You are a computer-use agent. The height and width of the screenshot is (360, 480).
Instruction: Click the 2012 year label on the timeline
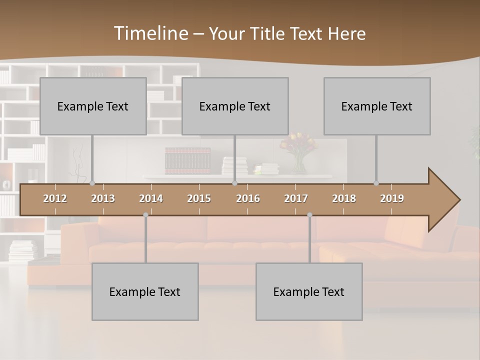click(55, 198)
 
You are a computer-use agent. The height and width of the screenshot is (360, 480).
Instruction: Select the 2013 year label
click(103, 198)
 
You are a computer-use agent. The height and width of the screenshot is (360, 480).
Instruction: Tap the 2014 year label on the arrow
click(151, 198)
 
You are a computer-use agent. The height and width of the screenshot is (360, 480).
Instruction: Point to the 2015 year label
click(199, 198)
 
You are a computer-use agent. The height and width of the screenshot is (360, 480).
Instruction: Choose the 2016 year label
click(248, 198)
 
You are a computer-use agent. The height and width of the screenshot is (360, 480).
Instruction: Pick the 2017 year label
click(296, 198)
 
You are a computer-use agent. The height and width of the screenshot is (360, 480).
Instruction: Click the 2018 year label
click(344, 198)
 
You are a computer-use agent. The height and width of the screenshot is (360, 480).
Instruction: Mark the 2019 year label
click(392, 198)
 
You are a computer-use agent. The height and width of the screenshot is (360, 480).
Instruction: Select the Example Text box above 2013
click(93, 106)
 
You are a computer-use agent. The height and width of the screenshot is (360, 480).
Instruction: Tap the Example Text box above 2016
click(235, 106)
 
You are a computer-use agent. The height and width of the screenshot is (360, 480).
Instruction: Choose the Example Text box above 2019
click(377, 106)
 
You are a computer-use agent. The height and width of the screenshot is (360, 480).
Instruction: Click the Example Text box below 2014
click(145, 291)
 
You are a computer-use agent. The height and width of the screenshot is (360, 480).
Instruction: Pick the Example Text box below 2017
click(309, 291)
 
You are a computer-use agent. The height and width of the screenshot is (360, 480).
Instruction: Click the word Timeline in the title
click(150, 33)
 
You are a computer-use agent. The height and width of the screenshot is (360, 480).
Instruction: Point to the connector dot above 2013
click(92, 183)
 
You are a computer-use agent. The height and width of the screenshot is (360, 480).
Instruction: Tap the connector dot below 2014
click(145, 215)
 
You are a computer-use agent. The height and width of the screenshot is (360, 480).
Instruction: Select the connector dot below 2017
click(309, 215)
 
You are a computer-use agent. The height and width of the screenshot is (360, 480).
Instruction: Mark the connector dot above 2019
click(376, 183)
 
